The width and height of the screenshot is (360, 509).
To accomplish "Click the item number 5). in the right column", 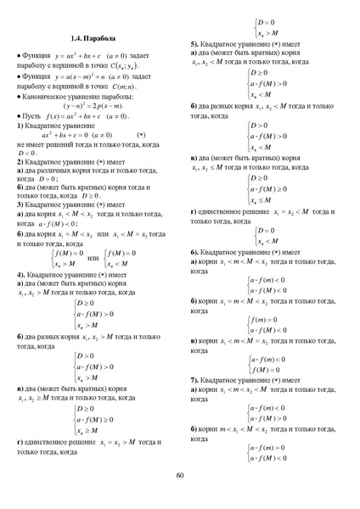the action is coord(195,43).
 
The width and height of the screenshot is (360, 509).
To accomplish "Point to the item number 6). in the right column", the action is coord(195,253).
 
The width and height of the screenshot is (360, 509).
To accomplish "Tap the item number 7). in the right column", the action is coord(195,379).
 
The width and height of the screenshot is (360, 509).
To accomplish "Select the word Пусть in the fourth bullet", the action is coord(33,115).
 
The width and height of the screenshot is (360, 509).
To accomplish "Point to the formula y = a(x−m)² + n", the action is coord(93,76).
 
